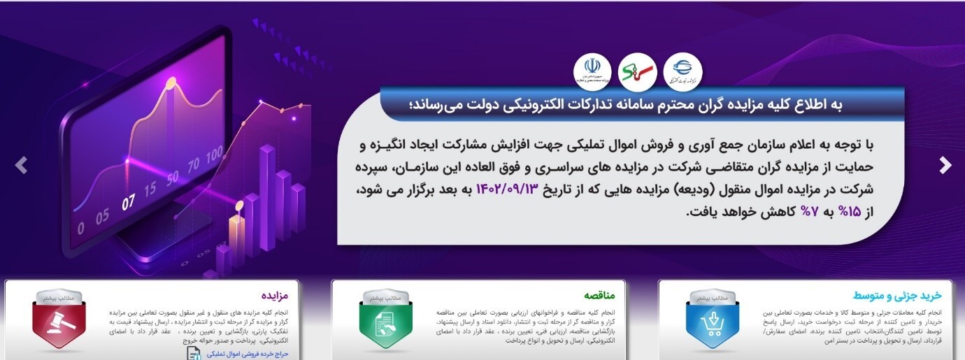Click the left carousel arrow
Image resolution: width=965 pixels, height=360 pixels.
coord(22,166)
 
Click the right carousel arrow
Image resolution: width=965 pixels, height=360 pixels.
coord(945,166)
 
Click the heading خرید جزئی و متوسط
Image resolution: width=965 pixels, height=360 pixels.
coord(907,296)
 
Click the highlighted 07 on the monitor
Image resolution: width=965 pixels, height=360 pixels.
coord(127,203)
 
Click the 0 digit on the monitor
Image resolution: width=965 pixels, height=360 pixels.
coord(80,228)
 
